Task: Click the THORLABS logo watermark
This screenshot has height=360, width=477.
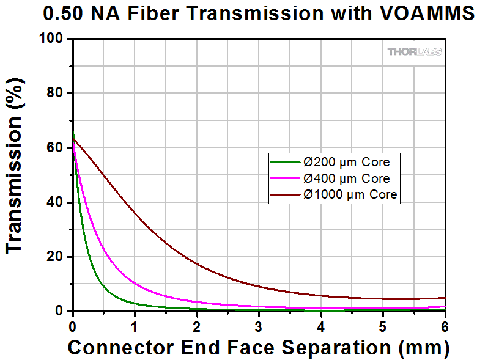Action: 414,51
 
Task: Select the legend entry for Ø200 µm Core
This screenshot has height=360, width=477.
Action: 346,163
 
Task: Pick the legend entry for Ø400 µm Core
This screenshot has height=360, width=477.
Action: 346,178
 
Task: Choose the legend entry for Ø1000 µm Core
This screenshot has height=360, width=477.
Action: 349,195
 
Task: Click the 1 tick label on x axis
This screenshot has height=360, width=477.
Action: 135,325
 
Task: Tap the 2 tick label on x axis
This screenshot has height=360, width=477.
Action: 197,325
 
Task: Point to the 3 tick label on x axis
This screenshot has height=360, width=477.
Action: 259,325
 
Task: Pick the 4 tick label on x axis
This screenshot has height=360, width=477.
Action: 321,325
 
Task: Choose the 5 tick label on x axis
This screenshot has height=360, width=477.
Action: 383,325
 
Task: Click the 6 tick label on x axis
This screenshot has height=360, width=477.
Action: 445,325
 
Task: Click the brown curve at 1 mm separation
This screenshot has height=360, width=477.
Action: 135,211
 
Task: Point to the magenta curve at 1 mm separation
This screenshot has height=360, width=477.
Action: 135,282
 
